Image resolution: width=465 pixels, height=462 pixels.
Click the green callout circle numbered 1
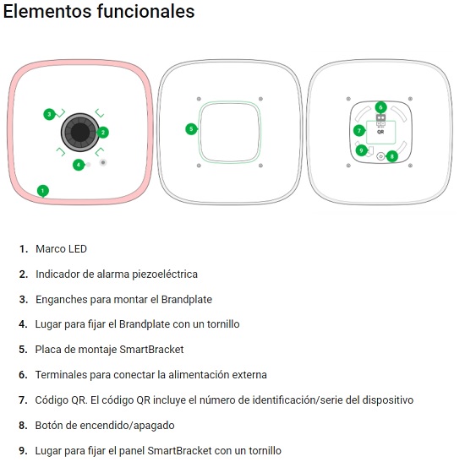point(43,191)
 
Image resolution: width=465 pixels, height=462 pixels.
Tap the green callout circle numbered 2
point(103,133)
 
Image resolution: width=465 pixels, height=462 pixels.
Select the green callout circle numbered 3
point(49,114)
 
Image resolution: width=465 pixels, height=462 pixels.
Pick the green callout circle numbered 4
point(79,165)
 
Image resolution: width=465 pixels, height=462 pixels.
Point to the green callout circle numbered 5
point(191,129)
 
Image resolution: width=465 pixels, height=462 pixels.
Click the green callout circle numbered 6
point(380,107)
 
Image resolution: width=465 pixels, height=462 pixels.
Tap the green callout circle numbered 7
point(359,130)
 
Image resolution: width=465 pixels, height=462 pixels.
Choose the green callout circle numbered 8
point(392,156)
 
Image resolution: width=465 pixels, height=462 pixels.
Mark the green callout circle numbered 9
point(361,150)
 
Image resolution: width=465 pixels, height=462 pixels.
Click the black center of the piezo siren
point(80,132)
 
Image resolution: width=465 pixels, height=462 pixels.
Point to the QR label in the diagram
point(380,132)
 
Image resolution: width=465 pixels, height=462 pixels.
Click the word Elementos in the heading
point(47,12)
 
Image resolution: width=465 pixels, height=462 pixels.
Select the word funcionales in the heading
point(146,12)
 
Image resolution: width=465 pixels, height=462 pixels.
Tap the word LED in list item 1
point(78,249)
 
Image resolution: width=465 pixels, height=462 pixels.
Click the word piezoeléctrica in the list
point(165,274)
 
